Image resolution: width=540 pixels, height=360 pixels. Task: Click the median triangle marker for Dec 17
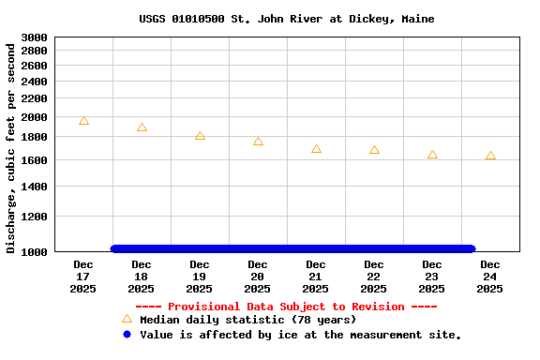point(83,121)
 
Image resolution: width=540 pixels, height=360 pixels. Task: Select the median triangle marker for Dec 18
point(142,127)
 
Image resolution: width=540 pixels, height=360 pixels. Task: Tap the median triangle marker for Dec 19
point(200,136)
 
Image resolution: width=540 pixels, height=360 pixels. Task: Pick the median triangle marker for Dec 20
point(258,142)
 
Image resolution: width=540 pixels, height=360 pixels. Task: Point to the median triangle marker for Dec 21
point(316,149)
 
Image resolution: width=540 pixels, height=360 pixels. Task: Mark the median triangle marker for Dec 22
point(374,150)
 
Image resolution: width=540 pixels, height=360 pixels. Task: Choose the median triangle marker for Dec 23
point(432,155)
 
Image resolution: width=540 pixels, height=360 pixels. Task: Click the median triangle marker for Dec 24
point(490,156)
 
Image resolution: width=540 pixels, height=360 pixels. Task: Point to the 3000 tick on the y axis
point(34,37)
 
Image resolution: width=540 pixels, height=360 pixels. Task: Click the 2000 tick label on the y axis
point(34,117)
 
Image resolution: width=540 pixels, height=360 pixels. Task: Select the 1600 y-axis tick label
point(34,161)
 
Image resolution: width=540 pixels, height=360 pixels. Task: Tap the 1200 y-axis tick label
point(34,217)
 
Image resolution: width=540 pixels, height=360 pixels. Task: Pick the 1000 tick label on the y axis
point(34,252)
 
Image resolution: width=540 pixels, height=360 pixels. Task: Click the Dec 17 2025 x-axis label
point(83,277)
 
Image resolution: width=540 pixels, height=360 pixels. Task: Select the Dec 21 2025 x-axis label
point(316,277)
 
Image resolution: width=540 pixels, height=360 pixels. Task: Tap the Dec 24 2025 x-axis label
point(490,277)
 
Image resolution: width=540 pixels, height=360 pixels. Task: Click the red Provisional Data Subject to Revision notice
point(286,307)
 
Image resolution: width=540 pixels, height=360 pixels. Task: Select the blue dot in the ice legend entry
point(127,334)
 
